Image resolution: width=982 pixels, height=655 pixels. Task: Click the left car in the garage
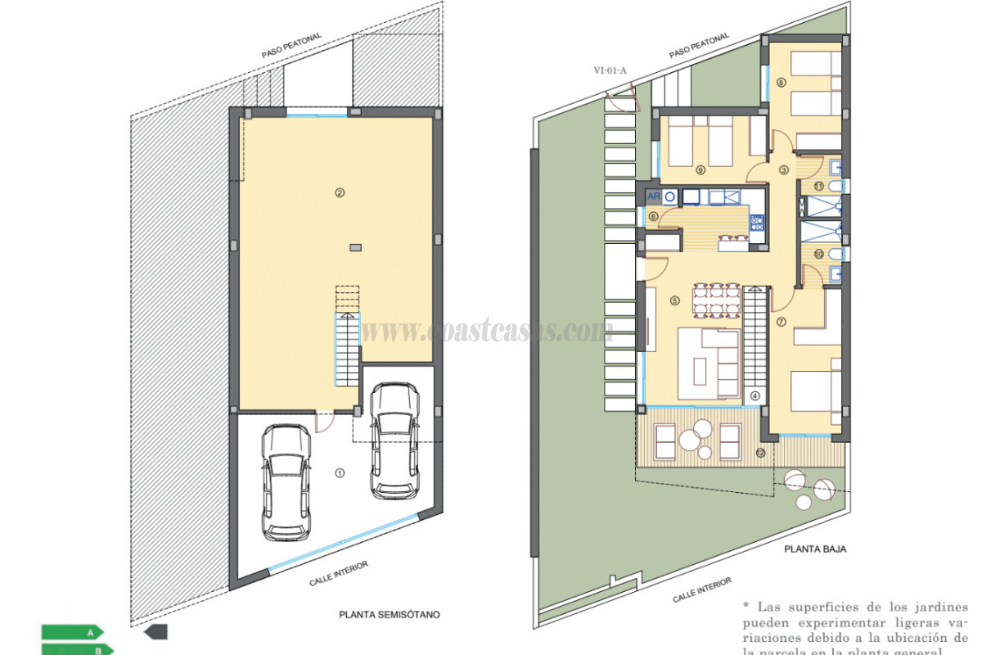(286, 482)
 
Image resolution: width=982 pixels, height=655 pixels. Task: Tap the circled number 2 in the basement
(338, 192)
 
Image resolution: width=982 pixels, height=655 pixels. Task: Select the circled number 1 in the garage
(340, 472)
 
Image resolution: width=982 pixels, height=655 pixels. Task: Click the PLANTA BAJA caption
(813, 549)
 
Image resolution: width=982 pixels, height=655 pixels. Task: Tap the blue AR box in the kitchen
(653, 196)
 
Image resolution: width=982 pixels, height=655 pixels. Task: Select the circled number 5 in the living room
(675, 300)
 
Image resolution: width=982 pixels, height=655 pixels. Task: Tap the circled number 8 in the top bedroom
(782, 82)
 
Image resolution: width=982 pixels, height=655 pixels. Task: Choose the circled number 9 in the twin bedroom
(700, 170)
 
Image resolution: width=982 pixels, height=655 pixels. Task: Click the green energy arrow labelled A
(72, 631)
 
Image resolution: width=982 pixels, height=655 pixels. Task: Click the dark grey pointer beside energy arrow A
(155, 631)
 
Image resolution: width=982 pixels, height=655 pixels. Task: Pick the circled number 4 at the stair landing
(755, 395)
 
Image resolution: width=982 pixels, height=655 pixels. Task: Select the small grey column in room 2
(354, 246)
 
